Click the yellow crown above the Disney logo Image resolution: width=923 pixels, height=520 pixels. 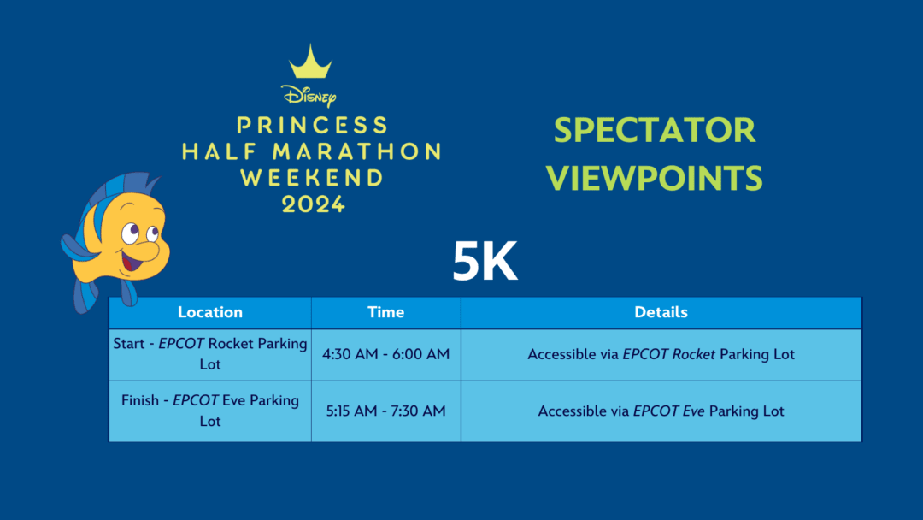[x=310, y=62]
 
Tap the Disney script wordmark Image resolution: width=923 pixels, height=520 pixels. [x=309, y=96]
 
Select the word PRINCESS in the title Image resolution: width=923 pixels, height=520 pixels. [x=312, y=125]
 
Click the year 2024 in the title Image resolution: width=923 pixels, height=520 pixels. [x=313, y=204]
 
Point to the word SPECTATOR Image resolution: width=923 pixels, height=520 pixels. [x=654, y=130]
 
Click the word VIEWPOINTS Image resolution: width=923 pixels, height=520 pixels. [x=654, y=179]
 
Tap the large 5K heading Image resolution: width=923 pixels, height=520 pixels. [x=485, y=261]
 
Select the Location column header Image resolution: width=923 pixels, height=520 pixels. [x=210, y=312]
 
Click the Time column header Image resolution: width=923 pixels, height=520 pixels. [x=385, y=312]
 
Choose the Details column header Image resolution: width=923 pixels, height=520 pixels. [x=661, y=312]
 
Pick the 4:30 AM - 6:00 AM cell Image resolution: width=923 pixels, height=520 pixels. [x=385, y=354]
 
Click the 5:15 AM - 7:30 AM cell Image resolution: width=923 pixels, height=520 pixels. [x=385, y=411]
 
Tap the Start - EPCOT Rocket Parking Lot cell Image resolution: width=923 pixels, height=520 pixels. [x=210, y=354]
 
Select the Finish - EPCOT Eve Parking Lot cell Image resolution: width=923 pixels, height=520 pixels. [x=210, y=411]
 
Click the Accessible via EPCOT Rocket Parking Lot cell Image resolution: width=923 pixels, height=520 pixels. [x=661, y=354]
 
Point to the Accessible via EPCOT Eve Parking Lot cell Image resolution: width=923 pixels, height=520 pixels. [x=661, y=411]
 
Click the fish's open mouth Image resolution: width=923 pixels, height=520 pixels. [x=131, y=259]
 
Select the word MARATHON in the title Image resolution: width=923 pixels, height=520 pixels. [x=356, y=151]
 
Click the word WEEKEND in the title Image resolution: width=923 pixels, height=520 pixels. [x=312, y=178]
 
